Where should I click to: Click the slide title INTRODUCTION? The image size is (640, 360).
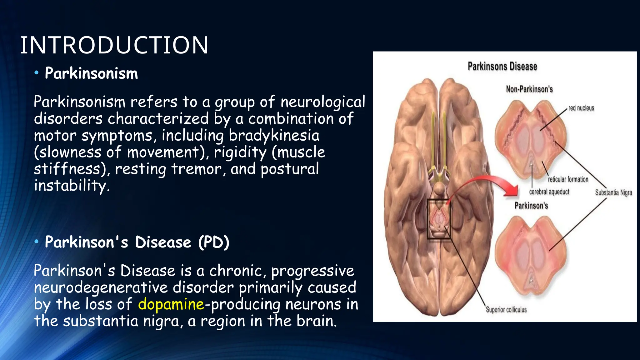tap(114, 45)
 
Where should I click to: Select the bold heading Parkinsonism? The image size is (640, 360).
tap(91, 73)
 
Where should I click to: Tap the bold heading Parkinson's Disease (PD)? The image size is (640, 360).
tap(137, 242)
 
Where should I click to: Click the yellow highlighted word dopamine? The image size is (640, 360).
tap(171, 304)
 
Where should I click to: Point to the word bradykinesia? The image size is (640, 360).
tap(274, 135)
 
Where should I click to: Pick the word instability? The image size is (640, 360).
tap(72, 186)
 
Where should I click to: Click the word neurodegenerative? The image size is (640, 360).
tap(101, 287)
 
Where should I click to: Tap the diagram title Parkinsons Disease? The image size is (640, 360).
tap(502, 67)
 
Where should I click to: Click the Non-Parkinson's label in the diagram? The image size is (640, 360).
tap(529, 89)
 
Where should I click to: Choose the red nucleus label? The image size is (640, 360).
tap(581, 108)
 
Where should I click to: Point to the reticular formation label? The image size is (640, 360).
tap(568, 179)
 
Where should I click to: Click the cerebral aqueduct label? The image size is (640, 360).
tap(549, 192)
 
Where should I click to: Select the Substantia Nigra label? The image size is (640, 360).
tap(613, 192)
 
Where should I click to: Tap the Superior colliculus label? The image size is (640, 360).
tap(506, 310)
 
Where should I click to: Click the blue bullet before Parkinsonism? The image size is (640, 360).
tap(37, 73)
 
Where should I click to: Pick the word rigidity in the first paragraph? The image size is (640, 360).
tap(240, 152)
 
